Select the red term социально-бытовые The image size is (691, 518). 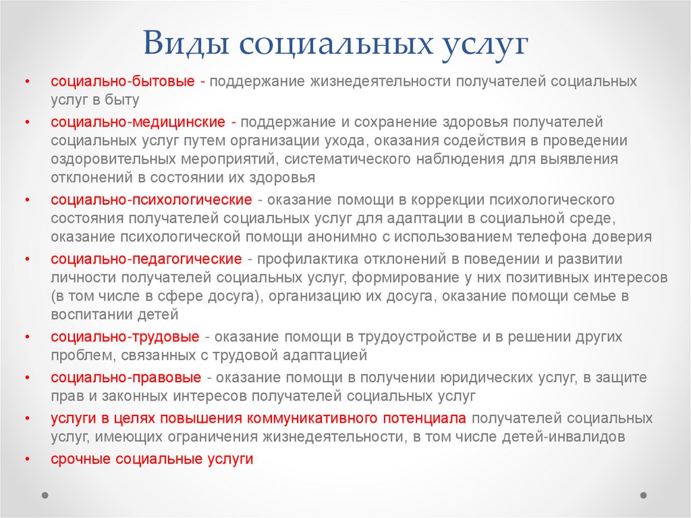pos(123,82)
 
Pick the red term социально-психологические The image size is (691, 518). pos(150,200)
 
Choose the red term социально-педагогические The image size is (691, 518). pos(146,259)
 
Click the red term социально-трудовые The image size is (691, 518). pos(125,336)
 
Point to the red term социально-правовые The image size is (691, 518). pos(126,378)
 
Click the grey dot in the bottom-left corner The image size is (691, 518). pos(45,495)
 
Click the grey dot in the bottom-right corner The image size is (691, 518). pos(644,495)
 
